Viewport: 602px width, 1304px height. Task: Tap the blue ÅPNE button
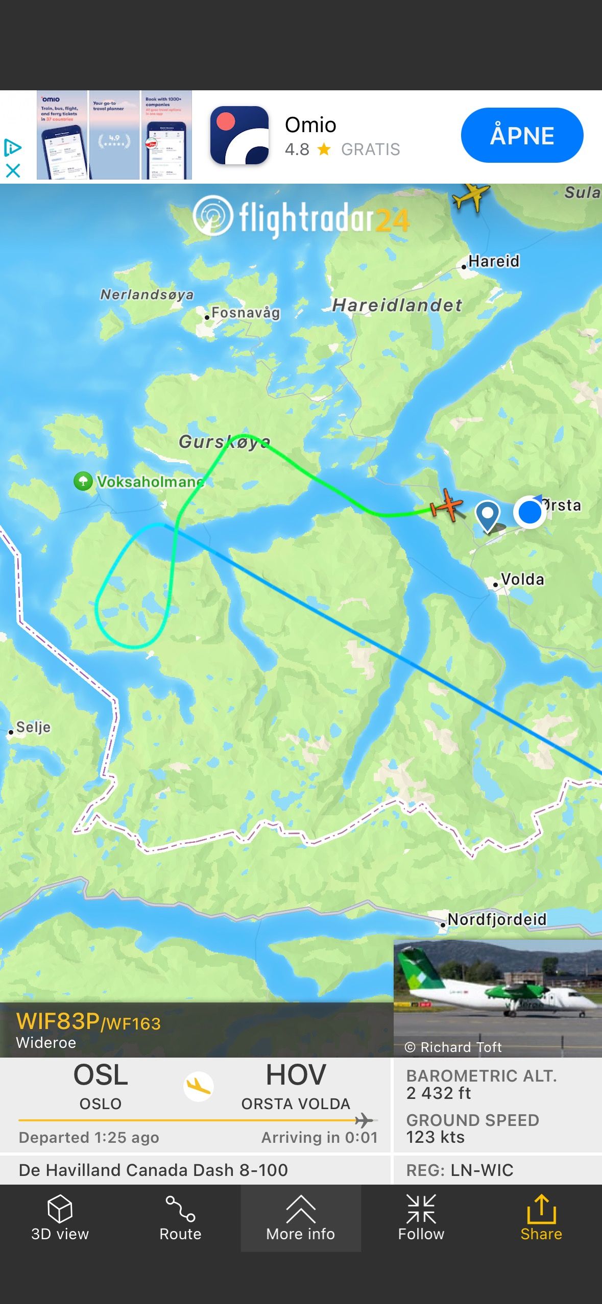pyautogui.click(x=522, y=135)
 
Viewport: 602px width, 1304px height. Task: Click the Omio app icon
pyautogui.click(x=239, y=135)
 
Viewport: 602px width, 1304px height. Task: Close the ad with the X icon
pyautogui.click(x=13, y=170)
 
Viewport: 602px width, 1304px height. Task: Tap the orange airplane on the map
pyautogui.click(x=447, y=505)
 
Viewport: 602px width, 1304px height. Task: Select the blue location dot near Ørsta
pyautogui.click(x=529, y=512)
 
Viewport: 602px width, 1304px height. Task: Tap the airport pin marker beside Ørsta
pyautogui.click(x=488, y=514)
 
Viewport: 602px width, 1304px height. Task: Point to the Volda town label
pyautogui.click(x=522, y=580)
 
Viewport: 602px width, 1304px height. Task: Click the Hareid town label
pyautogui.click(x=493, y=261)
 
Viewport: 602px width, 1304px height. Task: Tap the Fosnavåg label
pyautogui.click(x=246, y=313)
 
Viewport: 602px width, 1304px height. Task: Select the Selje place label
pyautogui.click(x=33, y=727)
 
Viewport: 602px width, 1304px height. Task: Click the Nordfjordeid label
pyautogui.click(x=497, y=919)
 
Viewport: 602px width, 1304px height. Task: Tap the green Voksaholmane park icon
pyautogui.click(x=83, y=481)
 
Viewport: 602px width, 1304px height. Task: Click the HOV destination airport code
pyautogui.click(x=296, y=1075)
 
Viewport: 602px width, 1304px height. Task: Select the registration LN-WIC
pyautogui.click(x=481, y=1170)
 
